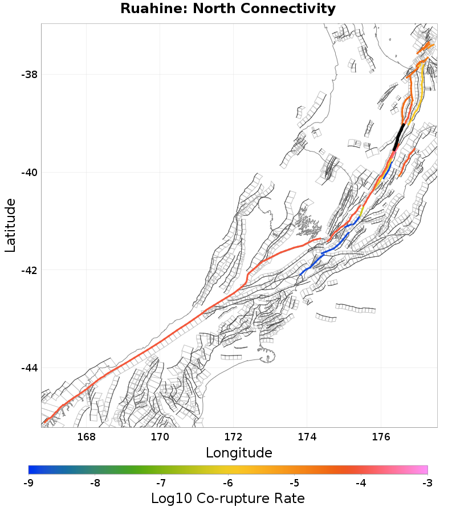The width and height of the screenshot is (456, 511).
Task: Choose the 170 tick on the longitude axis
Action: [x=160, y=437]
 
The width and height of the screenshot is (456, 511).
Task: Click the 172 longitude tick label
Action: [x=233, y=437]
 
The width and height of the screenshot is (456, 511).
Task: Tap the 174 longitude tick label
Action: [x=307, y=437]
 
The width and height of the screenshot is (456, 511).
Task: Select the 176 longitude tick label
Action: [x=381, y=437]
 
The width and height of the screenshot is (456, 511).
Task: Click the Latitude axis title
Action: [x=10, y=226]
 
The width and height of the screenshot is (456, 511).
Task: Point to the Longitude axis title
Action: [x=239, y=453]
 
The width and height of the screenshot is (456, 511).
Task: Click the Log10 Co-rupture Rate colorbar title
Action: [x=228, y=498]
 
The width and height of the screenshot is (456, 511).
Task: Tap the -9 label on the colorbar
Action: [x=28, y=483]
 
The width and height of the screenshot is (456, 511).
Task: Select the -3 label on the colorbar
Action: [x=427, y=483]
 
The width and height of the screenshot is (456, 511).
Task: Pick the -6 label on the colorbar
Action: [x=228, y=483]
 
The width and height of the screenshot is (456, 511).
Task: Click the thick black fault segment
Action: [x=399, y=137]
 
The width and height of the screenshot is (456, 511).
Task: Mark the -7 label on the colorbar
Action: [x=161, y=483]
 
